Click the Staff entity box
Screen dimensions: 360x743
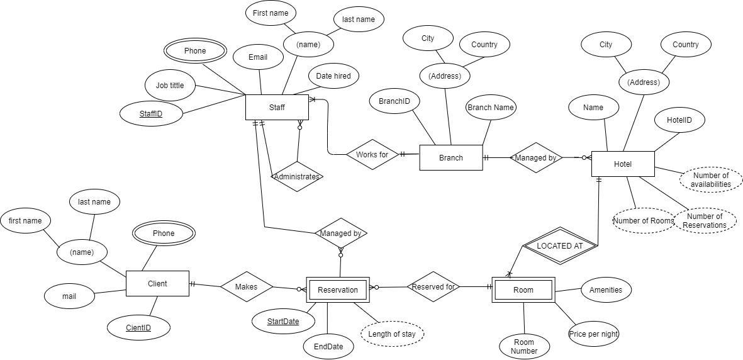click(276, 108)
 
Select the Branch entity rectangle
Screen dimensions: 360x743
click(450, 158)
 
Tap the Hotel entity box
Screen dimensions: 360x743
click(622, 164)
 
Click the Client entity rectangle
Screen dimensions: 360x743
click(157, 283)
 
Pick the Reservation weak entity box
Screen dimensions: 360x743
click(338, 290)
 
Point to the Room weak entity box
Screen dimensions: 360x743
click(523, 290)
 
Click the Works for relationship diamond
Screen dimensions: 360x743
click(372, 154)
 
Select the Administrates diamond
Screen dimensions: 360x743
click(297, 177)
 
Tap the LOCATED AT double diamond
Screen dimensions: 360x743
click(559, 246)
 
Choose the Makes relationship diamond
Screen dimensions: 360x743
click(246, 286)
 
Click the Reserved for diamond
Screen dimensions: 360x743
click(433, 287)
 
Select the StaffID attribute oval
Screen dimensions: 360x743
click(151, 114)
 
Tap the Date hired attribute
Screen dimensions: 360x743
click(333, 76)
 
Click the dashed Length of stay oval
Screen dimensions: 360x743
click(392, 334)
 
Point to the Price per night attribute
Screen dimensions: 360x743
click(593, 334)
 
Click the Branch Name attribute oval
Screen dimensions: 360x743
click(490, 108)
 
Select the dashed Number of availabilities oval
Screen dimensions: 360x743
click(710, 180)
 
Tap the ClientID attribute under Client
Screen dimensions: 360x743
click(138, 327)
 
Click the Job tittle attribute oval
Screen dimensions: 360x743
click(170, 85)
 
